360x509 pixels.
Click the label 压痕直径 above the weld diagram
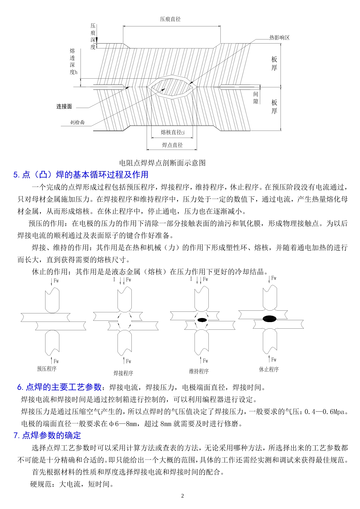[170, 19]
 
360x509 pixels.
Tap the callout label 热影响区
[279, 38]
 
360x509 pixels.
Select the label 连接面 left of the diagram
[64, 106]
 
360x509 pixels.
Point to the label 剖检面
[77, 122]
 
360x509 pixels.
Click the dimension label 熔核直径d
[172, 132]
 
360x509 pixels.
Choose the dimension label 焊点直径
[172, 145]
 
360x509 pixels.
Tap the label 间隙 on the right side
[256, 98]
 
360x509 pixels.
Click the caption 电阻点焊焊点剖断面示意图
[162, 163]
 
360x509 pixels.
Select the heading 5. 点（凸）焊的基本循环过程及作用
[81, 174]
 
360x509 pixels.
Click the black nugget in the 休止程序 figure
[269, 319]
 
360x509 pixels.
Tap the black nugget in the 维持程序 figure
[202, 320]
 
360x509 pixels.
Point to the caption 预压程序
[47, 369]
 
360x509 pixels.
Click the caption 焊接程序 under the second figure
[123, 373]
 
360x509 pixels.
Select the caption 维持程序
[199, 371]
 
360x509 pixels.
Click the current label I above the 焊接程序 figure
[114, 279]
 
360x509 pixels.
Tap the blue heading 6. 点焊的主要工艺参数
[59, 387]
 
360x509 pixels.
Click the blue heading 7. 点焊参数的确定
[47, 435]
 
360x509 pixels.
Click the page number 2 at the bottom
[182, 496]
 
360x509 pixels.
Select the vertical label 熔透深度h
[73, 61]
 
